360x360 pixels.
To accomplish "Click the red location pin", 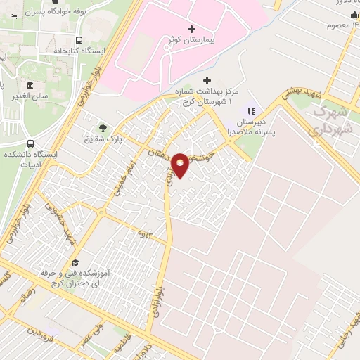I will [x=181, y=165].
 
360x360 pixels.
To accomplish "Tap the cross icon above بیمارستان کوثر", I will [x=192, y=28].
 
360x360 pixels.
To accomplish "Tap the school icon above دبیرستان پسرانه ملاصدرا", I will [x=249, y=110].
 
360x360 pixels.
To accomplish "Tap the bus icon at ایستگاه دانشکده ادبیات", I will [x=30, y=143].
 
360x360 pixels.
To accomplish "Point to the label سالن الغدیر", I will [x=32, y=95].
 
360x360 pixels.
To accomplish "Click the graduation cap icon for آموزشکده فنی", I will [x=76, y=262].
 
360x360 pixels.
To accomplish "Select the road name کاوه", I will [x=146, y=232].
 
